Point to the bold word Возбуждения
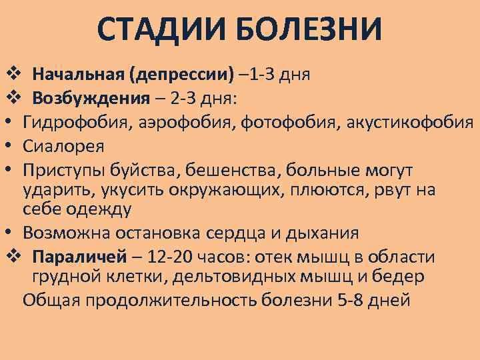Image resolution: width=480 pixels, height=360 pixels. [x=91, y=99]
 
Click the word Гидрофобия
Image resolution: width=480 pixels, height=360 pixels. [x=71, y=122]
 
